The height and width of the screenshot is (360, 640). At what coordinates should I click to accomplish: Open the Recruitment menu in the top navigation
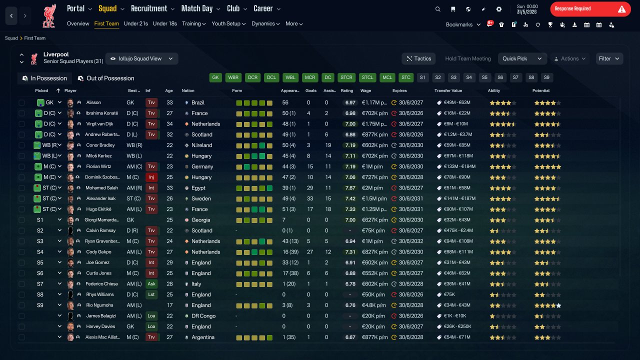(152, 8)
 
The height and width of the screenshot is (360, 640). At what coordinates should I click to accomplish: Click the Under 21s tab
(135, 23)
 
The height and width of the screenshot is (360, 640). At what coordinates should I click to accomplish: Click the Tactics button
(418, 58)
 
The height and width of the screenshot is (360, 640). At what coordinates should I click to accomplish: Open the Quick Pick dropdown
(522, 58)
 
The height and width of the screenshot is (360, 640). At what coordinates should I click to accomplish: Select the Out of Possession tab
(106, 78)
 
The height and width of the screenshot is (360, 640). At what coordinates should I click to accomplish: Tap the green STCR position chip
(346, 77)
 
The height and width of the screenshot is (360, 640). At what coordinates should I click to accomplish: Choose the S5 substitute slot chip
(484, 77)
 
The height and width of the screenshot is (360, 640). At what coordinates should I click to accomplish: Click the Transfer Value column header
(448, 90)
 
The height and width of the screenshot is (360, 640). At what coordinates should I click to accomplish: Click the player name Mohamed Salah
(101, 187)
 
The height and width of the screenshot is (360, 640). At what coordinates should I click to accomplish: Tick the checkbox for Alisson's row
(21, 102)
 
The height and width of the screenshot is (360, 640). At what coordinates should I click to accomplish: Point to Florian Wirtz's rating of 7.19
(350, 166)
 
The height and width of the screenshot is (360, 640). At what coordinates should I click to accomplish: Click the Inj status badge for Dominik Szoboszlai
(151, 177)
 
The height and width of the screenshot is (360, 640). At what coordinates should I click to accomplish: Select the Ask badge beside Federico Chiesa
(151, 283)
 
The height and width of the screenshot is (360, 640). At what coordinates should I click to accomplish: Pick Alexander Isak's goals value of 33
(310, 198)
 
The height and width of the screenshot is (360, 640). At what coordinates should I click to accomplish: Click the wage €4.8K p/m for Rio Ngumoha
(373, 305)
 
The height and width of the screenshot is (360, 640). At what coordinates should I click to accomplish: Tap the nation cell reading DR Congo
(203, 315)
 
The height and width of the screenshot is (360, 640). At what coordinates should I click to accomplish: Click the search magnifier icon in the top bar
(437, 9)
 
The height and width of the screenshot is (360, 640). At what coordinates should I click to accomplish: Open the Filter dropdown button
(609, 58)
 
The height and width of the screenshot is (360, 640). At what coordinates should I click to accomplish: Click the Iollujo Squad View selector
(142, 58)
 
